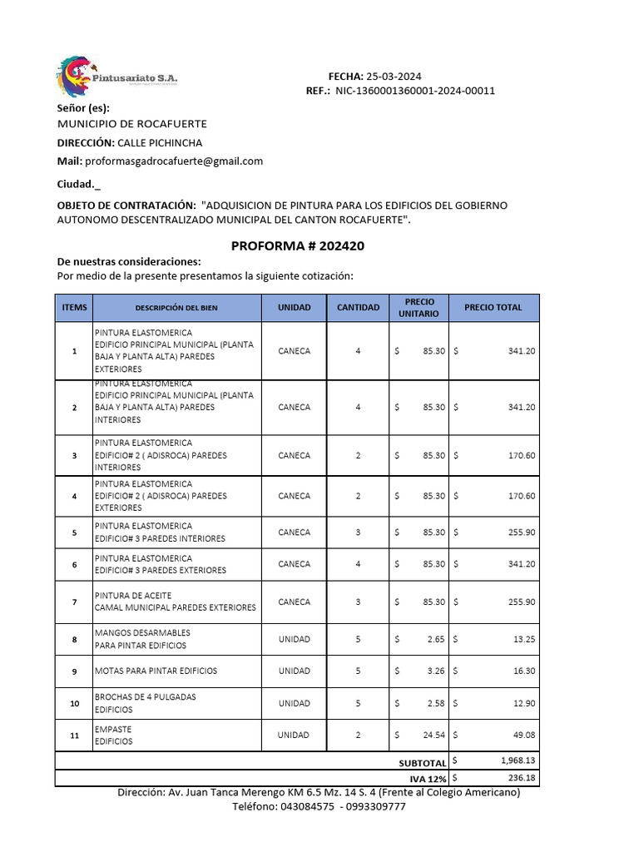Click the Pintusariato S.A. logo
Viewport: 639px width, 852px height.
pos(116,77)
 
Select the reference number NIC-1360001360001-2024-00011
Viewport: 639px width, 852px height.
pos(415,91)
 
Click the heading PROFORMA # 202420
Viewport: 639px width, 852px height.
pos(297,246)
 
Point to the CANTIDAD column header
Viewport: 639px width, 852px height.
pos(358,308)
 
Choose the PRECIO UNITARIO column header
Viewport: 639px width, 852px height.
pos(419,308)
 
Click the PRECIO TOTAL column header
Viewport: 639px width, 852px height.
pos(493,308)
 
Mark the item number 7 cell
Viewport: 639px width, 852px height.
pos(74,602)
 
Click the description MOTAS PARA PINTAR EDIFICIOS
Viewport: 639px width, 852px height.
pos(156,671)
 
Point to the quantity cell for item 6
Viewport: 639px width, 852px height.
pos(358,564)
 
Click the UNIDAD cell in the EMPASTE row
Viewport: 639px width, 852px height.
pos(294,735)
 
